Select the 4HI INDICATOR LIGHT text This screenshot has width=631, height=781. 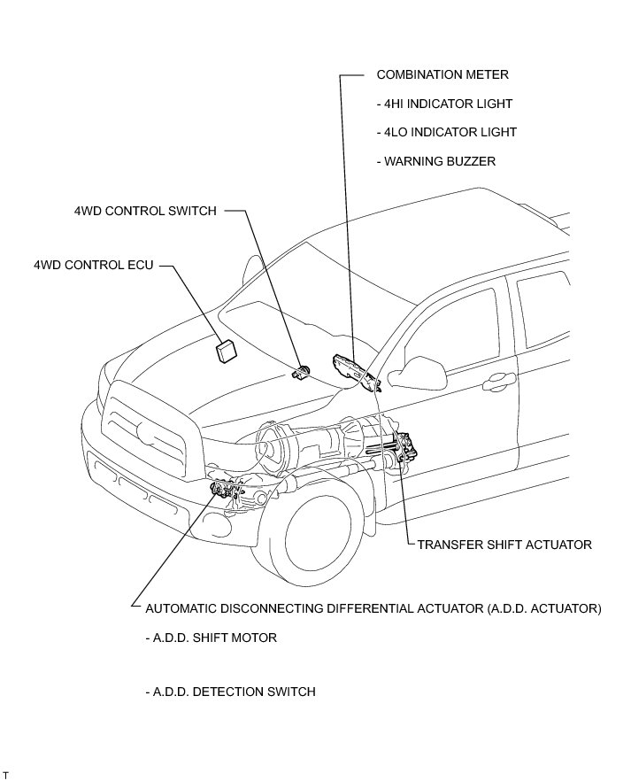tap(445, 104)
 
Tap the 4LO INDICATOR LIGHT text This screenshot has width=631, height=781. tap(447, 132)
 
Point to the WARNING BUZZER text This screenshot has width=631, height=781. tap(436, 161)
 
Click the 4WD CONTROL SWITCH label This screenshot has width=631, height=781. tap(145, 211)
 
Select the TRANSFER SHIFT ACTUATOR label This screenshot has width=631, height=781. tap(504, 545)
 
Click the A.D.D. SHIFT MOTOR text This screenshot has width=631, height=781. tap(211, 638)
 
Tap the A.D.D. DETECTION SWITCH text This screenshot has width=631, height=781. tap(230, 692)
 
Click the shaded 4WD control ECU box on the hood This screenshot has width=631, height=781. tap(226, 351)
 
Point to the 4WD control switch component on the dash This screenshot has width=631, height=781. tap(302, 373)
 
